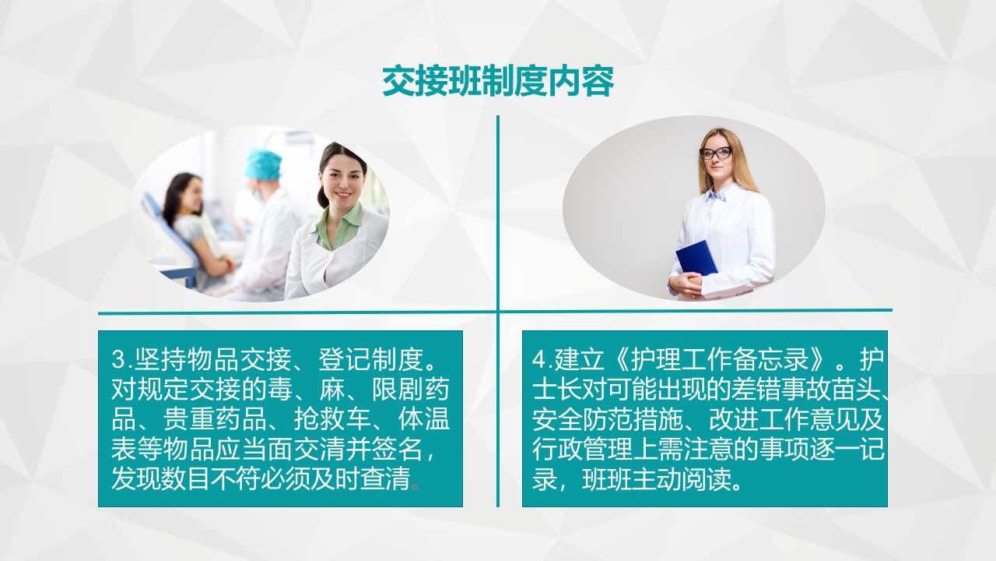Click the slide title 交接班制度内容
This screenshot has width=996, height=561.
tap(498, 81)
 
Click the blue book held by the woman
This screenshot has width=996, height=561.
tap(696, 257)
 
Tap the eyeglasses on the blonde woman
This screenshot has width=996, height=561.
tap(715, 153)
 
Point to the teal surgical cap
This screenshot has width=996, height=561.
tap(263, 164)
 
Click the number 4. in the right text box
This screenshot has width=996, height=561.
tap(542, 360)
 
